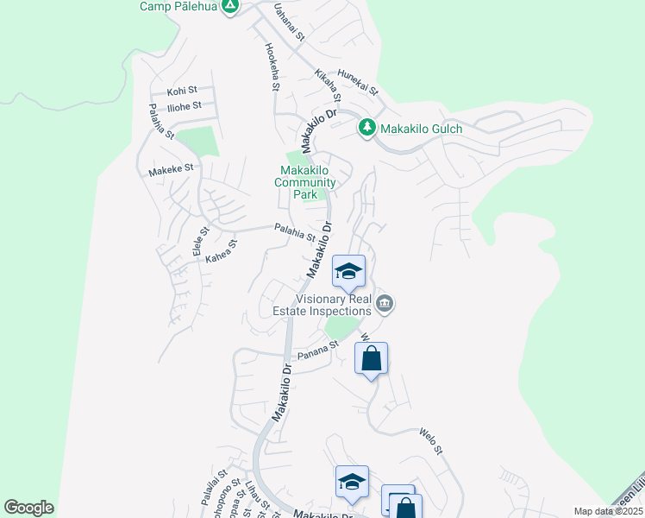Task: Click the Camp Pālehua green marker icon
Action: (229, 7)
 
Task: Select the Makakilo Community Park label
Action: (305, 182)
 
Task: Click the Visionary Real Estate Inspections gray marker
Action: (385, 303)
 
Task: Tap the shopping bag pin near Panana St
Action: (371, 360)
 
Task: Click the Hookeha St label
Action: (272, 67)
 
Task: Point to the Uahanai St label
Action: (290, 22)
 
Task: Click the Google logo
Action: (28, 508)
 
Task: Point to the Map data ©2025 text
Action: (608, 511)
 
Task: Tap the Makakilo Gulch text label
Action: (423, 129)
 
